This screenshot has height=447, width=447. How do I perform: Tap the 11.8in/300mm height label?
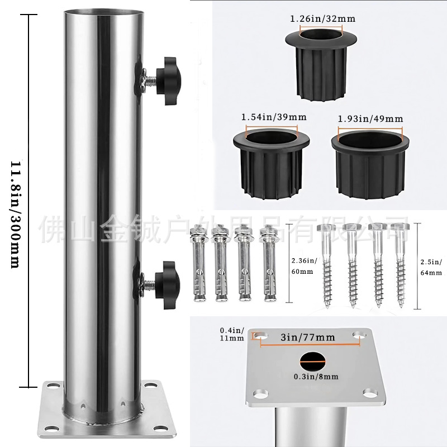[16, 215]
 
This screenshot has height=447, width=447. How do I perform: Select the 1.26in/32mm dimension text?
[322, 19]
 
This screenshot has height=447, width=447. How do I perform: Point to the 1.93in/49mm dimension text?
[370, 119]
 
